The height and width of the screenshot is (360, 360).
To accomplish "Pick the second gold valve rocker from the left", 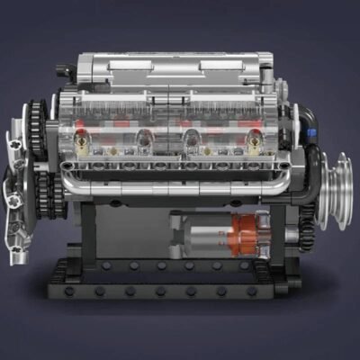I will tap(144, 138).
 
